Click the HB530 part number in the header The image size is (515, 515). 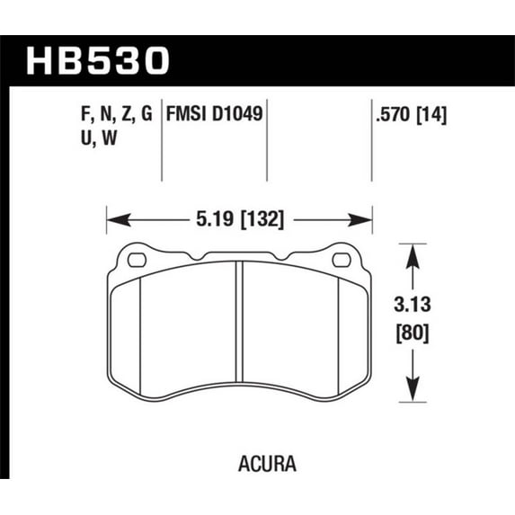99,60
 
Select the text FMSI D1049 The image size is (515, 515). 215,115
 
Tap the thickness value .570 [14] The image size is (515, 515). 409,115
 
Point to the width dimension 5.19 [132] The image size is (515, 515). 238,218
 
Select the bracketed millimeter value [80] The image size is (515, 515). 413,333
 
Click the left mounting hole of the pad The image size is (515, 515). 138,261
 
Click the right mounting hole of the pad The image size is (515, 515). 341,261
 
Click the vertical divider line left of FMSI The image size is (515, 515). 161,144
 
